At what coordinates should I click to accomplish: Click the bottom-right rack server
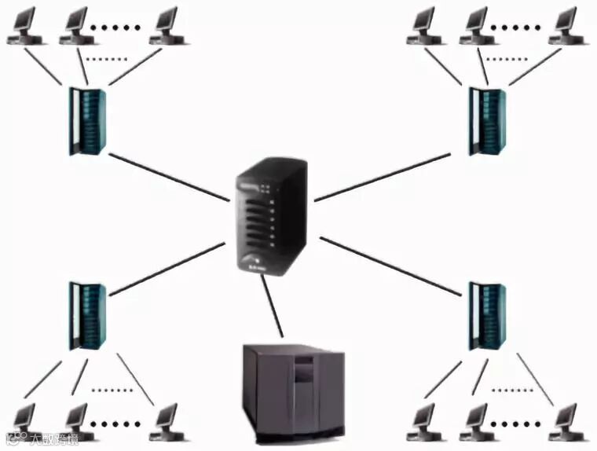click(x=487, y=315)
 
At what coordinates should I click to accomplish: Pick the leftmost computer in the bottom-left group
click(x=21, y=420)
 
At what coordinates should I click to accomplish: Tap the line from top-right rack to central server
click(x=385, y=177)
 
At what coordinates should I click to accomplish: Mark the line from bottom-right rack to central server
click(x=389, y=266)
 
